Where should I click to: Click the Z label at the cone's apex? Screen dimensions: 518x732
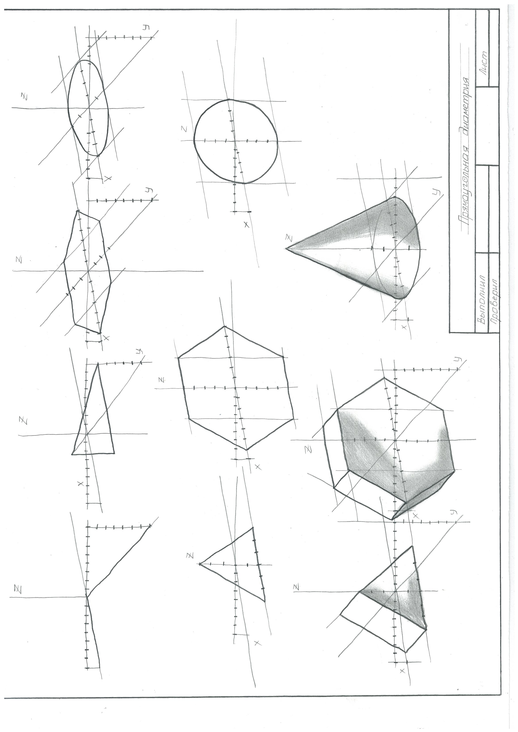tap(289, 238)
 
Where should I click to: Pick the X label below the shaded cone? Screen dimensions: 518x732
tap(404, 327)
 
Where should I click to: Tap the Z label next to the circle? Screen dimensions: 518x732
tap(184, 129)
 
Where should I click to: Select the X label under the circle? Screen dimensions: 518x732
tap(246, 225)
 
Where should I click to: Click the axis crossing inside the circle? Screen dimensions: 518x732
tap(235, 141)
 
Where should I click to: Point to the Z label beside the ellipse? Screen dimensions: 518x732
tap(24, 96)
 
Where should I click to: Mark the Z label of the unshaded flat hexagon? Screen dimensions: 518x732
tap(162, 380)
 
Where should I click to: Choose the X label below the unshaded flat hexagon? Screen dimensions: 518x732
tap(258, 467)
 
